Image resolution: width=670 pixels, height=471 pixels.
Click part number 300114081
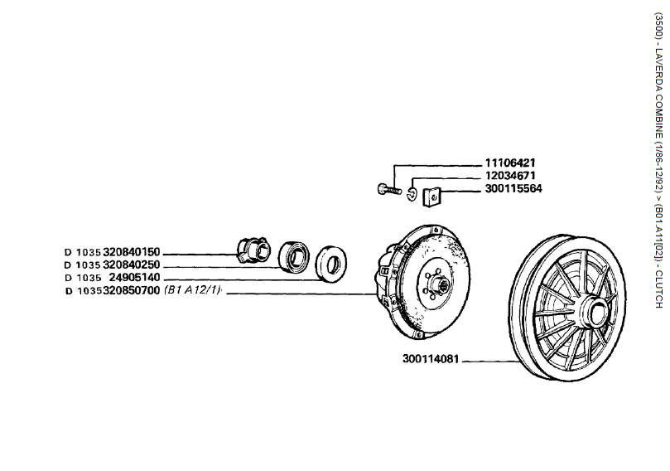(x=431, y=360)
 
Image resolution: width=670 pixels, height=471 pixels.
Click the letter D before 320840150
(x=67, y=252)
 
